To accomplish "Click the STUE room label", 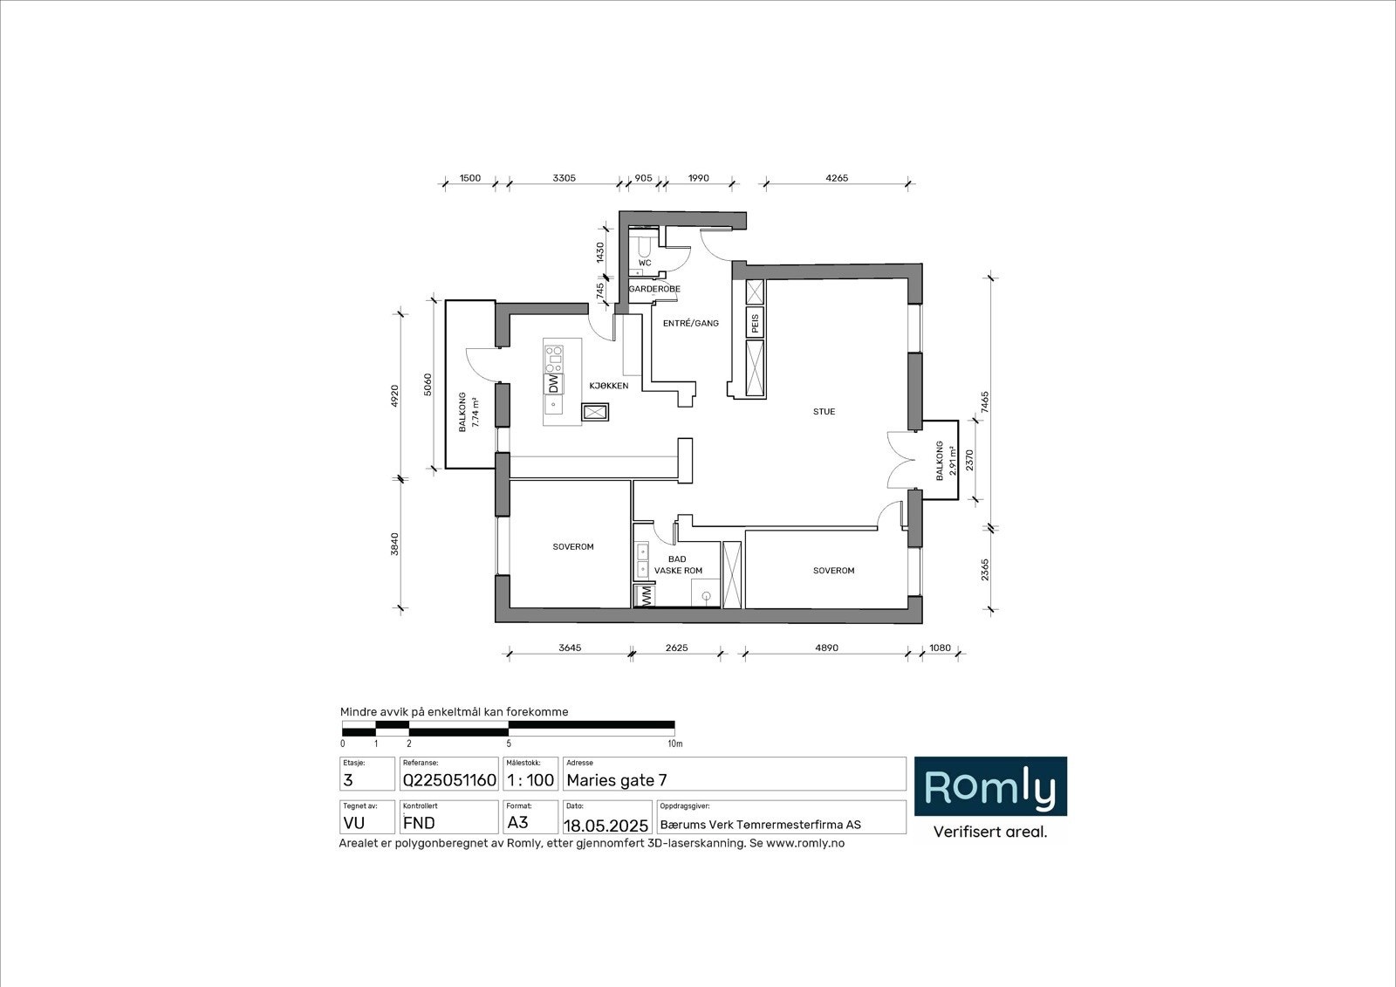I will [x=824, y=412].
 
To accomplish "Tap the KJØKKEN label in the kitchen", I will [x=608, y=386].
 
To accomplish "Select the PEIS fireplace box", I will [x=756, y=322].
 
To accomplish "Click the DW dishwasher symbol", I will [x=553, y=383].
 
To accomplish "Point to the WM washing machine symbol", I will [x=647, y=596].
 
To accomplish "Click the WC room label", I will [x=645, y=263].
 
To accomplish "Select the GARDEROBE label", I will [x=654, y=289].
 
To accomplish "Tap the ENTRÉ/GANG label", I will [x=690, y=323].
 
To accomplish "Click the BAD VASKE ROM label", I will [x=678, y=565].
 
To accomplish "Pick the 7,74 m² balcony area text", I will [x=476, y=412].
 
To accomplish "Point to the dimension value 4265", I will [x=836, y=178].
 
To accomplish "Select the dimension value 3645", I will [x=570, y=648].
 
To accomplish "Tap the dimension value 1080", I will [x=940, y=648].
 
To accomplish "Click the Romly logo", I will [x=990, y=787].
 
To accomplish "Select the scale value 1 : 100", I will [x=530, y=780].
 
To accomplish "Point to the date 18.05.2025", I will [x=606, y=825].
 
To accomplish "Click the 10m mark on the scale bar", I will [x=674, y=744].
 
